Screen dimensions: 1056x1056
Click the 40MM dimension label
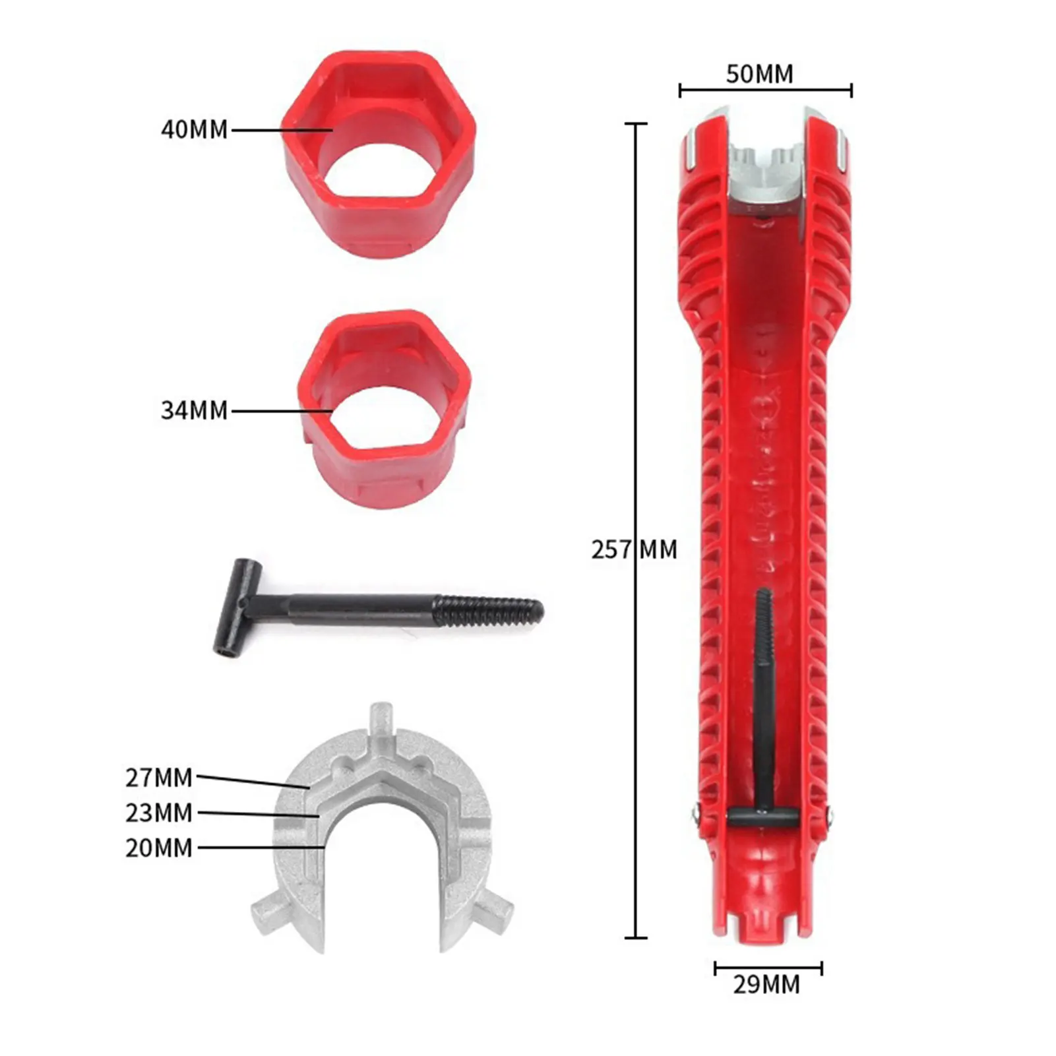point(194,129)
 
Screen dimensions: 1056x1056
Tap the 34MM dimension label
point(194,410)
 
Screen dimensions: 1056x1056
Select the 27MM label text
point(159,778)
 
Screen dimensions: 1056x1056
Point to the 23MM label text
point(159,813)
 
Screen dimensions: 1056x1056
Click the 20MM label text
point(159,848)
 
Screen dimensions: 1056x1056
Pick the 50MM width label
point(760,74)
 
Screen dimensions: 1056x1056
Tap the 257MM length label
point(634,549)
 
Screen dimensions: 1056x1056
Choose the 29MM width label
point(766,984)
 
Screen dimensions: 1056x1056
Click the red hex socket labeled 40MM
point(379,154)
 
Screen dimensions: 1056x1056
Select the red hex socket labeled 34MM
point(385,409)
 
